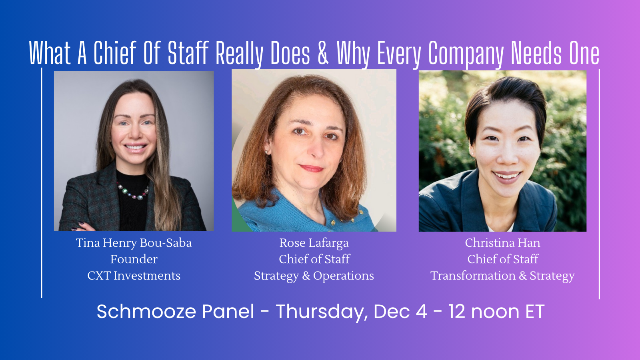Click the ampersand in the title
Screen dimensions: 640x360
[323, 52]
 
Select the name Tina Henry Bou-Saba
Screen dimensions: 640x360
[134, 243]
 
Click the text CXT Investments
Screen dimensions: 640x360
[134, 276]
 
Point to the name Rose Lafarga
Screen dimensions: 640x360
[314, 243]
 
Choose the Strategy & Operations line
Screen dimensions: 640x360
[314, 276]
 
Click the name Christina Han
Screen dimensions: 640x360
[502, 243]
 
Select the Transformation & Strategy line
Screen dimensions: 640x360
[502, 276]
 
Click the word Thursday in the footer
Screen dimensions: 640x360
[322, 312]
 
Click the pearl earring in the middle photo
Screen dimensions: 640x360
[267, 152]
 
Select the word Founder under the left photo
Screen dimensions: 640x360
[134, 260]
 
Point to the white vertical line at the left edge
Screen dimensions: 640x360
[42, 183]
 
